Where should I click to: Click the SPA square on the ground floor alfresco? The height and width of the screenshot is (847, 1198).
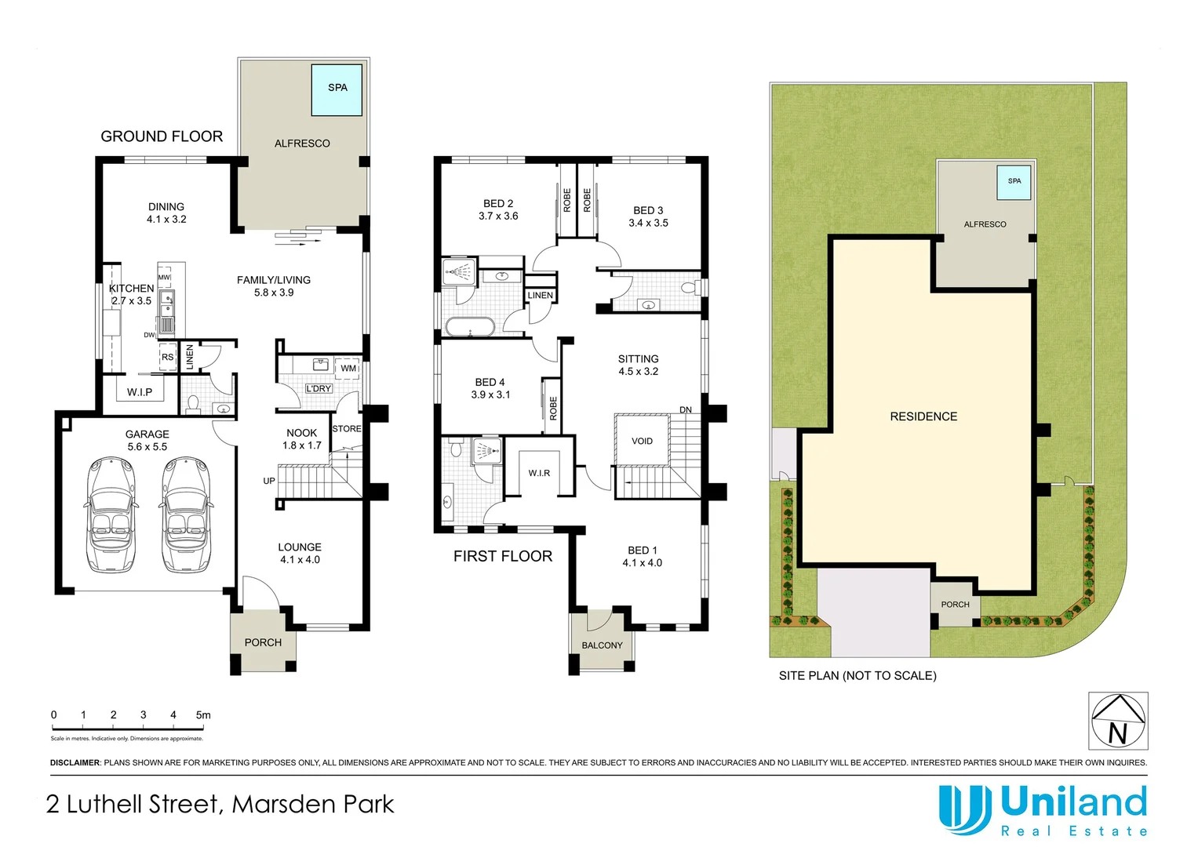(337, 89)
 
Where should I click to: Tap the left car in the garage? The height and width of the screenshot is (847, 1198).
(110, 514)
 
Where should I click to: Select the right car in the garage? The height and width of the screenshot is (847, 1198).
(186, 514)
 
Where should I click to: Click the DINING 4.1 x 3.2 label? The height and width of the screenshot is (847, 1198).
(166, 213)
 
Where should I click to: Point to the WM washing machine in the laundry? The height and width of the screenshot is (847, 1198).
(348, 368)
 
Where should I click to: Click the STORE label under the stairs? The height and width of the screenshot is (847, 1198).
(347, 429)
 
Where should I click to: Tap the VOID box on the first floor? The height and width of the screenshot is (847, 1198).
(642, 442)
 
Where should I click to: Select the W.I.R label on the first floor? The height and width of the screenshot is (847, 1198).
(539, 473)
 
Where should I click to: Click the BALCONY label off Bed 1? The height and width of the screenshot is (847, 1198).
(602, 645)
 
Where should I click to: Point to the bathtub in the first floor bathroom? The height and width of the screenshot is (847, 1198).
(469, 327)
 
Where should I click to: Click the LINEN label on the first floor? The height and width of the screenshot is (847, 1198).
(540, 296)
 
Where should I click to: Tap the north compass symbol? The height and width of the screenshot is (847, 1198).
(1118, 721)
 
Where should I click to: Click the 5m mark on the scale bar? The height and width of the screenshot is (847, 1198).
(203, 715)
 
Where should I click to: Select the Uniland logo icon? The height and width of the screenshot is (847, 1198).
(965, 809)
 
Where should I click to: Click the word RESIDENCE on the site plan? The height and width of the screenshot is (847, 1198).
(923, 416)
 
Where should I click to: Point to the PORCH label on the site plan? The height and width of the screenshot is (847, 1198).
(955, 605)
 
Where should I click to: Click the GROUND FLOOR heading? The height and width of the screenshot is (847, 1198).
(162, 136)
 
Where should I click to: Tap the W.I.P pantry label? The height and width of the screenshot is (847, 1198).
(140, 392)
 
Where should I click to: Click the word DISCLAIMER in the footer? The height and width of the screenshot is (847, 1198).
(75, 762)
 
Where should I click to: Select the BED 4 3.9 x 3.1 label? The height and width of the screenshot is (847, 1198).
(490, 388)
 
